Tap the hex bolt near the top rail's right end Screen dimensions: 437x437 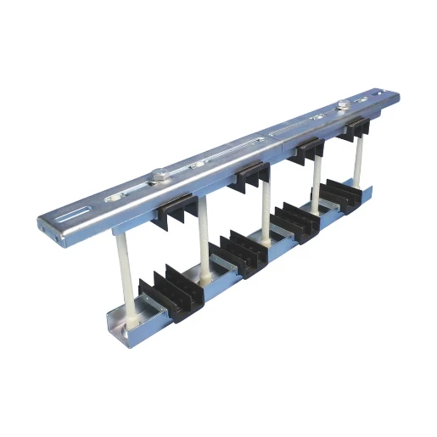[342, 107]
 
